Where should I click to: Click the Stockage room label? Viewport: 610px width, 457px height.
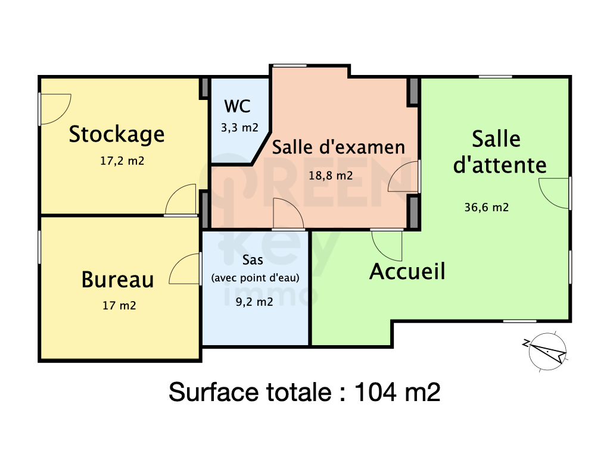117,135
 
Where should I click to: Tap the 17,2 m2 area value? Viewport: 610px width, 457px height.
122,161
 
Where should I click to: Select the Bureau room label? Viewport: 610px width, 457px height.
117,280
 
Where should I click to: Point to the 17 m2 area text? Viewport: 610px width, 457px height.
119,305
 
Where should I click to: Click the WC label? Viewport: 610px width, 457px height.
237,106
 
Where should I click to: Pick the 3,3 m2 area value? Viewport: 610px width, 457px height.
239,127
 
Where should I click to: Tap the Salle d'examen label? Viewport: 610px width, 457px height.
338,148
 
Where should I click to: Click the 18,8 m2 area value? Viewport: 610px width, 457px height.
331,176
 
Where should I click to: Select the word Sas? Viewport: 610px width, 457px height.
253,259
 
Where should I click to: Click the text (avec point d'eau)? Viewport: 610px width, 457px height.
255,278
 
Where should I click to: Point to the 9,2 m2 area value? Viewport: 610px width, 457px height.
254,302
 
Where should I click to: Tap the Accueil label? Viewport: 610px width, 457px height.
407,271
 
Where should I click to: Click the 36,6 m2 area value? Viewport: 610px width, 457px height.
487,207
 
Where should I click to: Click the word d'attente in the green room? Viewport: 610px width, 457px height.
500,165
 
